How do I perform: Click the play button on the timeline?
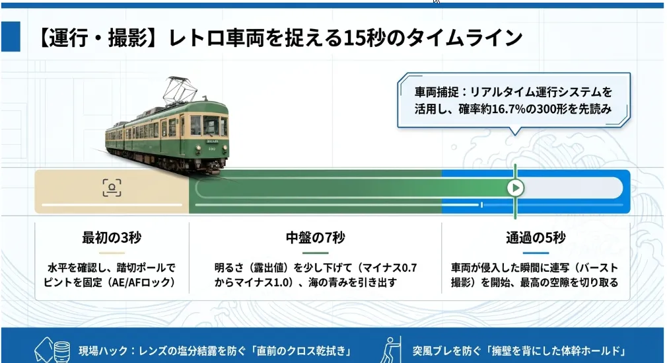[x=515, y=188]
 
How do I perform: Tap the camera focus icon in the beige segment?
[x=112, y=188]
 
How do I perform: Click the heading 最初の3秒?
[x=112, y=237]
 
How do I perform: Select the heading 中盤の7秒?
[x=315, y=237]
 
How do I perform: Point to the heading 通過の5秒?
[x=536, y=237]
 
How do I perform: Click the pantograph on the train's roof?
[x=180, y=91]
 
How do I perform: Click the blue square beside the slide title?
[x=11, y=36]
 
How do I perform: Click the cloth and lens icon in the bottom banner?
[x=52, y=350]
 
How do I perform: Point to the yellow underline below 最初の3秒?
[x=112, y=253]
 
